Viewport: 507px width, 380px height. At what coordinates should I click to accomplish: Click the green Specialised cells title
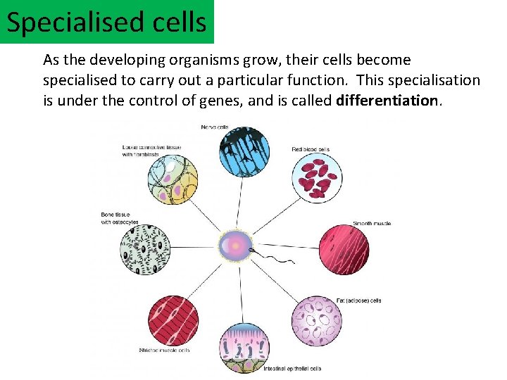click(107, 23)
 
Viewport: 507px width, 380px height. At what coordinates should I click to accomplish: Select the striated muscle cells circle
click(173, 320)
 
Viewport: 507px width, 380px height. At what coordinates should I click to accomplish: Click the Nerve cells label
click(215, 127)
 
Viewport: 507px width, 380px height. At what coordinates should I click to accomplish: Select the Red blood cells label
click(311, 149)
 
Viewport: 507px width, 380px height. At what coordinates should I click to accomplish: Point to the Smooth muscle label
click(371, 223)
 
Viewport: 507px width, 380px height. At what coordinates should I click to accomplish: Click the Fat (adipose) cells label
click(358, 300)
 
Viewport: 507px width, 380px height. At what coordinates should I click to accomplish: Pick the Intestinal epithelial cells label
click(292, 369)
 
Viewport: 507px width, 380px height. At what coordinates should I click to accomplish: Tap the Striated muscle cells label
click(165, 350)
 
